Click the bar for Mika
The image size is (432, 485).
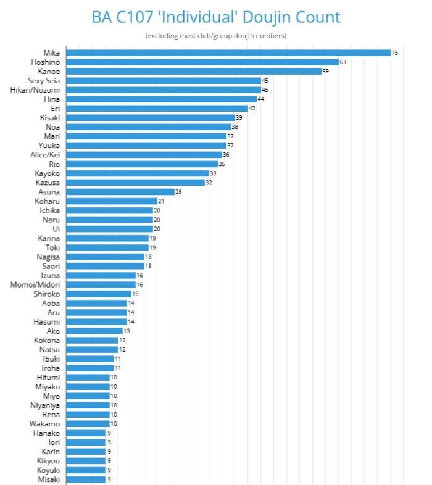[x=228, y=52]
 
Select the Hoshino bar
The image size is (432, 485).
[x=202, y=62]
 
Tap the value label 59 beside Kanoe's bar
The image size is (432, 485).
[x=326, y=71]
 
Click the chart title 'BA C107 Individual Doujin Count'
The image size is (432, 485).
[x=216, y=17]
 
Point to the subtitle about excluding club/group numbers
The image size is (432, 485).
[x=216, y=36]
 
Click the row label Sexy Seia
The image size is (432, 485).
[x=44, y=80]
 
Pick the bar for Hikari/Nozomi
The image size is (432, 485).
[x=164, y=89]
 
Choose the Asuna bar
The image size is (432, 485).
[x=120, y=192]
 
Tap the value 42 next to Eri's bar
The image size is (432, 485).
[x=252, y=108]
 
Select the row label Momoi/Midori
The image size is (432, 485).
[x=35, y=284]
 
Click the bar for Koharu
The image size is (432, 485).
[x=112, y=201]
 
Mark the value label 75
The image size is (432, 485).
[x=395, y=52]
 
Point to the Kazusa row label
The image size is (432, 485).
[x=47, y=183]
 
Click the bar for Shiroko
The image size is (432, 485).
[x=99, y=294]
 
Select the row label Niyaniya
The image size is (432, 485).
[x=44, y=405]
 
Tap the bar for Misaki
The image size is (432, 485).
[x=86, y=479]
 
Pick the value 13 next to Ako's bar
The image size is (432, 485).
[x=127, y=331]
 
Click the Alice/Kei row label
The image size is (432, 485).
[x=45, y=155]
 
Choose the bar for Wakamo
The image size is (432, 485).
[x=88, y=423]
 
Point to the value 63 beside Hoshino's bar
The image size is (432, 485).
[x=343, y=62]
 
